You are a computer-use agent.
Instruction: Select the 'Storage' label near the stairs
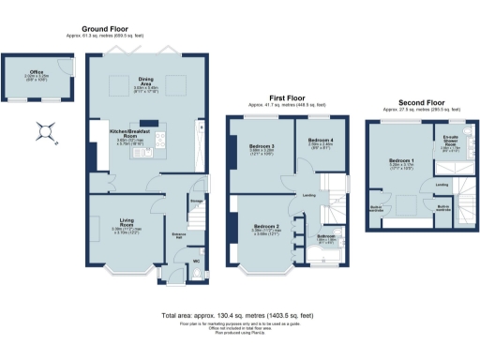click(x=197, y=198)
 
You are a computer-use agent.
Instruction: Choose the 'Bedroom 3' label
click(x=262, y=146)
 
